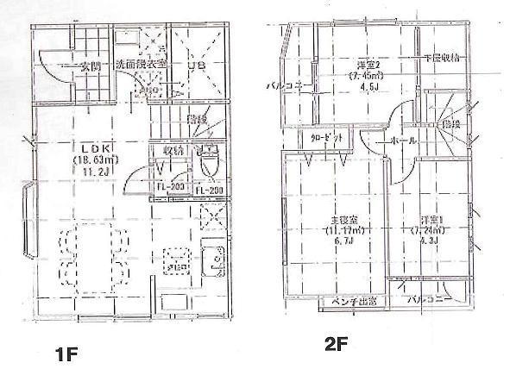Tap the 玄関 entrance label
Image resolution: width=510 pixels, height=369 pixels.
coord(88,65)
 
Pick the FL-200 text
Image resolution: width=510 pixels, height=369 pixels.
coord(207,190)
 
